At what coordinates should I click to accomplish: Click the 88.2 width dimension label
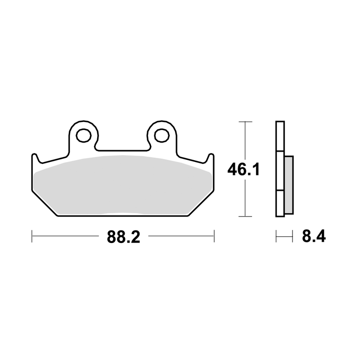[x=123, y=237]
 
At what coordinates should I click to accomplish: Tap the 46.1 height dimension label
[x=243, y=170]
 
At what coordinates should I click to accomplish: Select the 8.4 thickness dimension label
[x=314, y=236]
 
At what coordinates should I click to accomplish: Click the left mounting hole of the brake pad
[x=84, y=135]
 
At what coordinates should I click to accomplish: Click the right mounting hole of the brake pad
[x=162, y=135]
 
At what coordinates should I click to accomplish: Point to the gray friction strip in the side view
[x=289, y=185]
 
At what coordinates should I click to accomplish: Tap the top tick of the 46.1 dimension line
[x=245, y=121]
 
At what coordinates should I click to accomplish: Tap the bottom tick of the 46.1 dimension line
[x=245, y=216]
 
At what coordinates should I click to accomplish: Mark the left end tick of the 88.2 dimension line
[x=32, y=236]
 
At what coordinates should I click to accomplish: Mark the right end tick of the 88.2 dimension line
[x=214, y=236]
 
